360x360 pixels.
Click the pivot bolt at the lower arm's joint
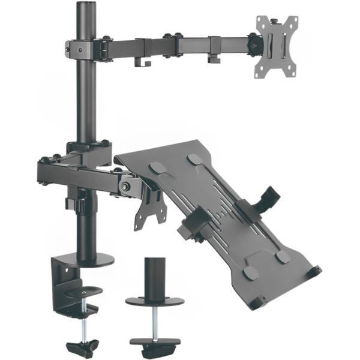126,186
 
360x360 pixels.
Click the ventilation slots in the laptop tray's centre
222,204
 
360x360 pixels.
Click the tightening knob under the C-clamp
81,347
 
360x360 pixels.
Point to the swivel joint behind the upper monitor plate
256,45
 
